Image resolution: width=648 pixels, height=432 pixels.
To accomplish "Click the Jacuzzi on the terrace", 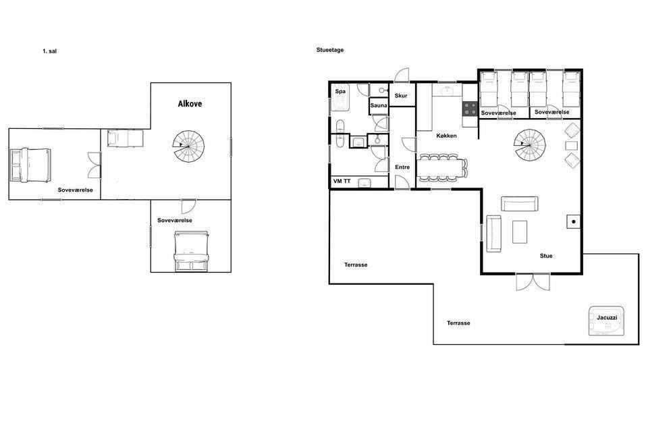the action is click(606, 321).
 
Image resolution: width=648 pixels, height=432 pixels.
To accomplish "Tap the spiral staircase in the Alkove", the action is click(188, 146).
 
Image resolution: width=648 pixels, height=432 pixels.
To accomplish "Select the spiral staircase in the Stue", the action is click(529, 144).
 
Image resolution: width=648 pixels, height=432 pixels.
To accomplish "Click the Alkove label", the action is click(190, 104).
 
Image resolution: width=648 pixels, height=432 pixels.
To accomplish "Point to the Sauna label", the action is click(379, 105).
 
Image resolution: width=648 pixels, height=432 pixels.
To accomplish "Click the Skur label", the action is click(401, 95).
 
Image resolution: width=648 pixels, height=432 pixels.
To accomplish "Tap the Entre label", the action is click(402, 167).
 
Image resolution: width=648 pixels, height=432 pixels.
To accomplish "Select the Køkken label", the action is click(446, 136).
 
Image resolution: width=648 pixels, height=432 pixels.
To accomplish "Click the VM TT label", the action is click(342, 181).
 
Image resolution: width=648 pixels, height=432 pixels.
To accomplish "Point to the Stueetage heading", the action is click(330, 50).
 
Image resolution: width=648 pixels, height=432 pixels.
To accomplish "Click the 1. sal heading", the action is click(49, 51).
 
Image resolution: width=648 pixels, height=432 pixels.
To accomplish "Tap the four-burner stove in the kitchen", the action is click(470, 109).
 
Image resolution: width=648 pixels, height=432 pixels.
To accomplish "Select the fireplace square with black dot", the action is click(574, 221).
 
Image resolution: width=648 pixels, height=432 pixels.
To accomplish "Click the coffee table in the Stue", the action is click(520, 232).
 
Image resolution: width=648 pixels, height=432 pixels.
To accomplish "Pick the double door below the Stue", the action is click(533, 282).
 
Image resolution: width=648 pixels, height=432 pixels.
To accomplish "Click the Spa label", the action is click(340, 91).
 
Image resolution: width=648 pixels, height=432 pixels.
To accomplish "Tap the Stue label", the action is click(546, 256).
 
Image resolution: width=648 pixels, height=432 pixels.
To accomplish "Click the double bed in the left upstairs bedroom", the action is click(30, 165).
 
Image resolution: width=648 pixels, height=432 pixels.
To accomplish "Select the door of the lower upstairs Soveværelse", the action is click(188, 207).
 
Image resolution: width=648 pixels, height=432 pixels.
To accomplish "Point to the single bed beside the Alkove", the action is click(126, 138).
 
